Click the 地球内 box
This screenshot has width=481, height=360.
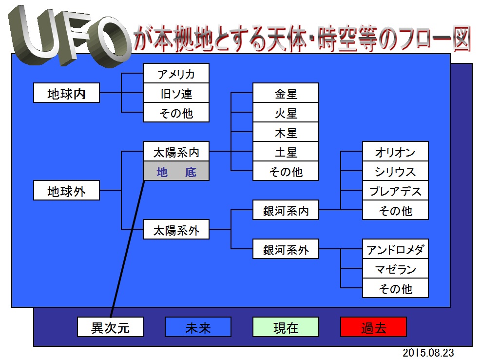pos(66,93)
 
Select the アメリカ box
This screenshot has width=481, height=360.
pos(176,73)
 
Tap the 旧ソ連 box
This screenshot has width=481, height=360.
pos(176,93)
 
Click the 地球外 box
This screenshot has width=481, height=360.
pos(66,190)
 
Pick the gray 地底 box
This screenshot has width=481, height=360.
pos(176,171)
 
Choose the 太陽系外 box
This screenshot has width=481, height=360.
pos(176,229)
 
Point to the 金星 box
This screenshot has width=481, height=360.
pos(286,93)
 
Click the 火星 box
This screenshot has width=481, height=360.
pos(286,112)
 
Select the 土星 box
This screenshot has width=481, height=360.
pos(286,151)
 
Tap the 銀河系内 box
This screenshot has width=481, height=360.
pos(286,210)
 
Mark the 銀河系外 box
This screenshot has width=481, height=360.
pos(286,249)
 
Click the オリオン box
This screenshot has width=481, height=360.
pos(395,151)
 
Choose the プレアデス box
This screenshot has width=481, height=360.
pos(395,190)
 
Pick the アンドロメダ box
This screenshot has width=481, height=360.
pos(395,249)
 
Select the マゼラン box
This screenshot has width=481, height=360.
pos(395,268)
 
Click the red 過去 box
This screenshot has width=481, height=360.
pos(373,327)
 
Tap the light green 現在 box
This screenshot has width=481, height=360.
pos(286,327)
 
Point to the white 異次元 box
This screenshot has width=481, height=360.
pos(110,327)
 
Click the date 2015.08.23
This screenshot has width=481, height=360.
pos(428,353)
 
